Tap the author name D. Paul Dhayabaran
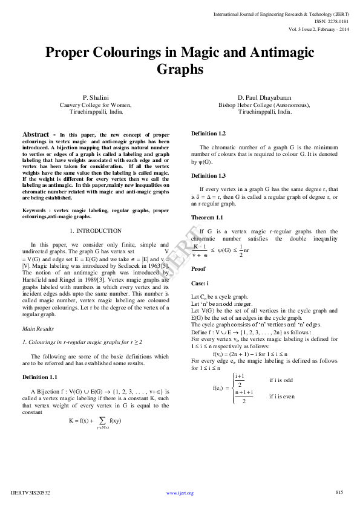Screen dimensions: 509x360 [264, 97]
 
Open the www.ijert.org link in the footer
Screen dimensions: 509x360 [180, 493]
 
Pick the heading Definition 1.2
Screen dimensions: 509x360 [208, 133]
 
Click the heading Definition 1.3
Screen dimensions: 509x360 [208, 175]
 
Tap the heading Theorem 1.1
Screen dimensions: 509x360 [207, 217]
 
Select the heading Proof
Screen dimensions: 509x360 [198, 268]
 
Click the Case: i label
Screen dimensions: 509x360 [200, 283]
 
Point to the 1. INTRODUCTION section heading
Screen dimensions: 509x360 [96, 230]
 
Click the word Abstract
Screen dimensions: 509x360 [40, 134]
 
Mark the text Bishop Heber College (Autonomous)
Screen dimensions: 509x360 [264, 105]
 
